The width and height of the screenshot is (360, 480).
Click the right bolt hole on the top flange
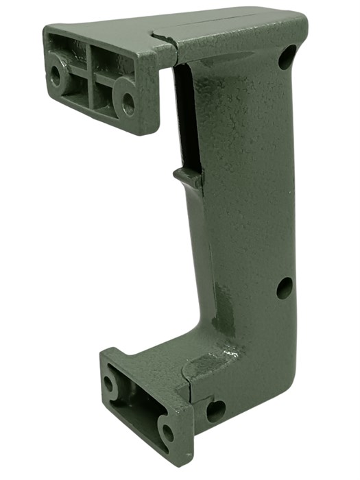128,104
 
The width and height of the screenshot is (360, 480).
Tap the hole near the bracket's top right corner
287,57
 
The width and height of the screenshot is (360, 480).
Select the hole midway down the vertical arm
285,288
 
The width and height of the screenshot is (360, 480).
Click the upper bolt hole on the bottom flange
109,383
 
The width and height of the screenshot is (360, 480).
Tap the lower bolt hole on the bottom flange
167,432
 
